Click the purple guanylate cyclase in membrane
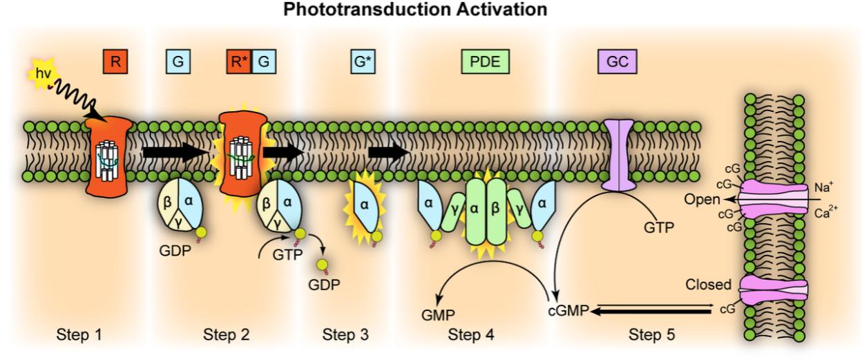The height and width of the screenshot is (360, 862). (x=618, y=156)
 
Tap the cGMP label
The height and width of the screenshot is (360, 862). (x=568, y=312)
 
